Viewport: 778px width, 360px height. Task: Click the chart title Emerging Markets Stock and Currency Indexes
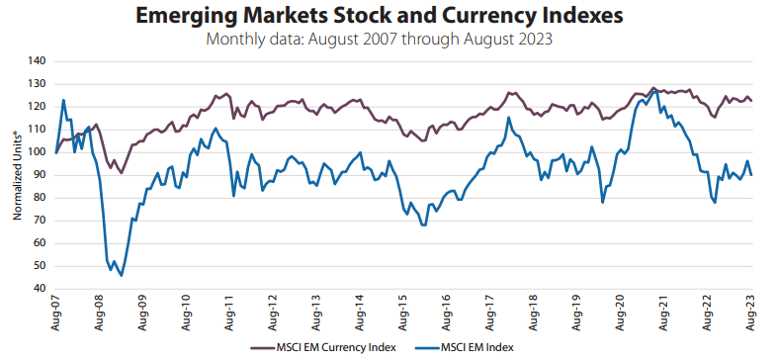click(x=388, y=16)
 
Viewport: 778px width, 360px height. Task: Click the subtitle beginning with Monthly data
click(x=388, y=40)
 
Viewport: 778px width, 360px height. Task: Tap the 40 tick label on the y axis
click(x=40, y=289)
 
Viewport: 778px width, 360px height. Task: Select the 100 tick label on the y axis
click(x=37, y=152)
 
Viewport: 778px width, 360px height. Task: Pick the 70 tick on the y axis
click(x=40, y=221)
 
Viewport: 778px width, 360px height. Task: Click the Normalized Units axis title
click(x=17, y=174)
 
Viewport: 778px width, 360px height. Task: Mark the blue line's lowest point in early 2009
click(x=122, y=275)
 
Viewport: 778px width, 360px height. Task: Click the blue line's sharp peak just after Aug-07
click(x=63, y=100)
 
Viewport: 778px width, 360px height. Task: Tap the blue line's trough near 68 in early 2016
click(x=424, y=225)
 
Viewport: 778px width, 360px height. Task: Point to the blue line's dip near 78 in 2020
click(x=603, y=203)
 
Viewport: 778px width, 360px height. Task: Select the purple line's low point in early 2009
click(x=122, y=173)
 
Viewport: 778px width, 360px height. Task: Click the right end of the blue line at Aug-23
click(x=752, y=175)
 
